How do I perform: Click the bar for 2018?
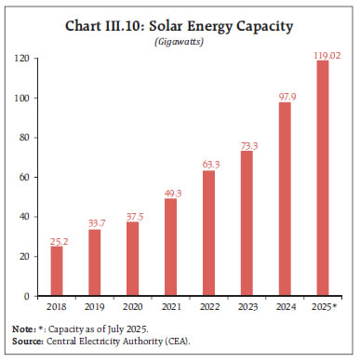pyautogui.click(x=57, y=271)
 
